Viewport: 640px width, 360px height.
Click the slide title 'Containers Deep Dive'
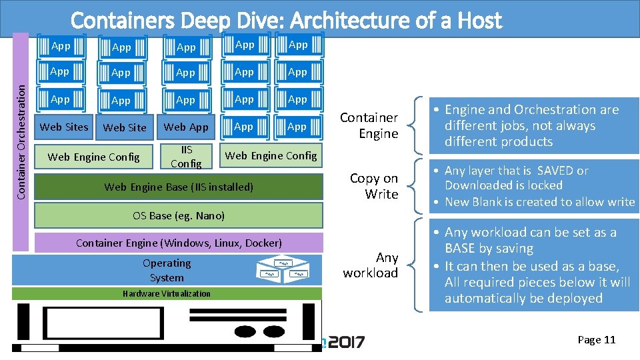point(286,21)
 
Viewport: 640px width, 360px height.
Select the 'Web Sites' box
point(64,127)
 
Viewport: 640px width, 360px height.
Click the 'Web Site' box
point(125,127)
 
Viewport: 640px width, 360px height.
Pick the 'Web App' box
point(186,127)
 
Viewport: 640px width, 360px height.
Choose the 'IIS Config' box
point(186,156)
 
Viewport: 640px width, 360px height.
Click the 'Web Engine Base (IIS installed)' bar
point(179,187)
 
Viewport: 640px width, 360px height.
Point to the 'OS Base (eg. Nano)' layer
point(179,215)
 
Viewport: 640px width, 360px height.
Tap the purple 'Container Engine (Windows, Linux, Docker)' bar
point(179,243)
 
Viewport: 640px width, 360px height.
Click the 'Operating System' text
point(167,270)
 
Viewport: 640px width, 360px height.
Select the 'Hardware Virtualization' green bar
point(167,293)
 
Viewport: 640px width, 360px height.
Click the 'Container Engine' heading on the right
point(369,125)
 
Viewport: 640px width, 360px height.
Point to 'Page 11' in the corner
point(596,340)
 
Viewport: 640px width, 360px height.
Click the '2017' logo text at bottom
point(345,342)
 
